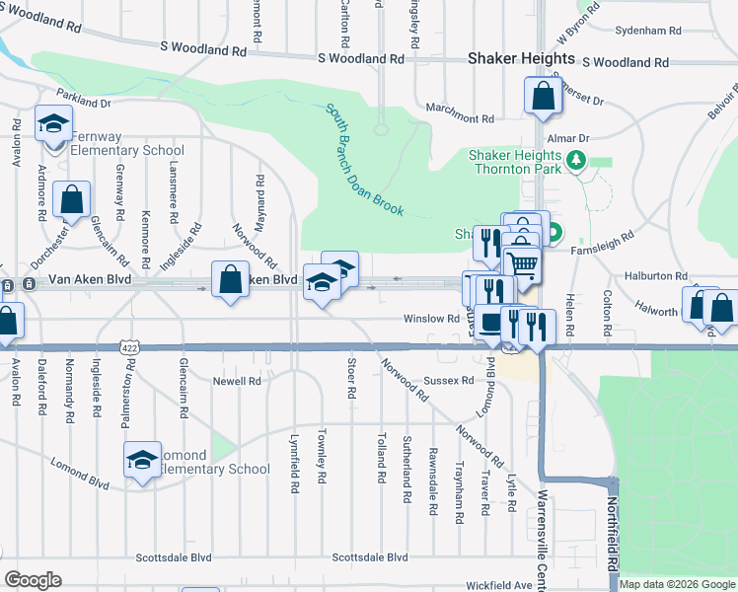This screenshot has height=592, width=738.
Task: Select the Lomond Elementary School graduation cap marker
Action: coord(142,460)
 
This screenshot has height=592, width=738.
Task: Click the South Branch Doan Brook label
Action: coord(365,160)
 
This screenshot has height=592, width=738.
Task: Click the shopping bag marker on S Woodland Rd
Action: coord(543,97)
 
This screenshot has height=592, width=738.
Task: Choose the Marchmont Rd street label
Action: coord(459,118)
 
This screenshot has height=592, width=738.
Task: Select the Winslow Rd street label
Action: coord(431,319)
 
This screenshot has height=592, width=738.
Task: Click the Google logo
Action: coord(33,579)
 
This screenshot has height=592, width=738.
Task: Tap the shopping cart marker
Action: coord(522,263)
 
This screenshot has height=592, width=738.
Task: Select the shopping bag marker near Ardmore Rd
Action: coord(73,199)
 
